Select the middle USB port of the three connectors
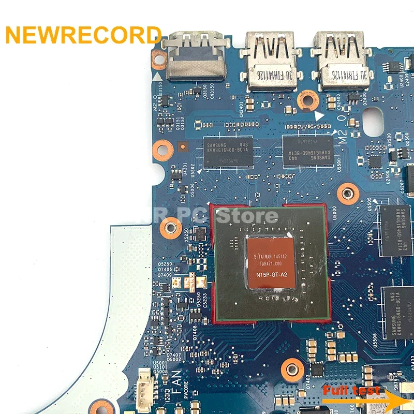[x=270, y=61]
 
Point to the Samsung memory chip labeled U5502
[x=228, y=152]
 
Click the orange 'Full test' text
[x=352, y=391]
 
